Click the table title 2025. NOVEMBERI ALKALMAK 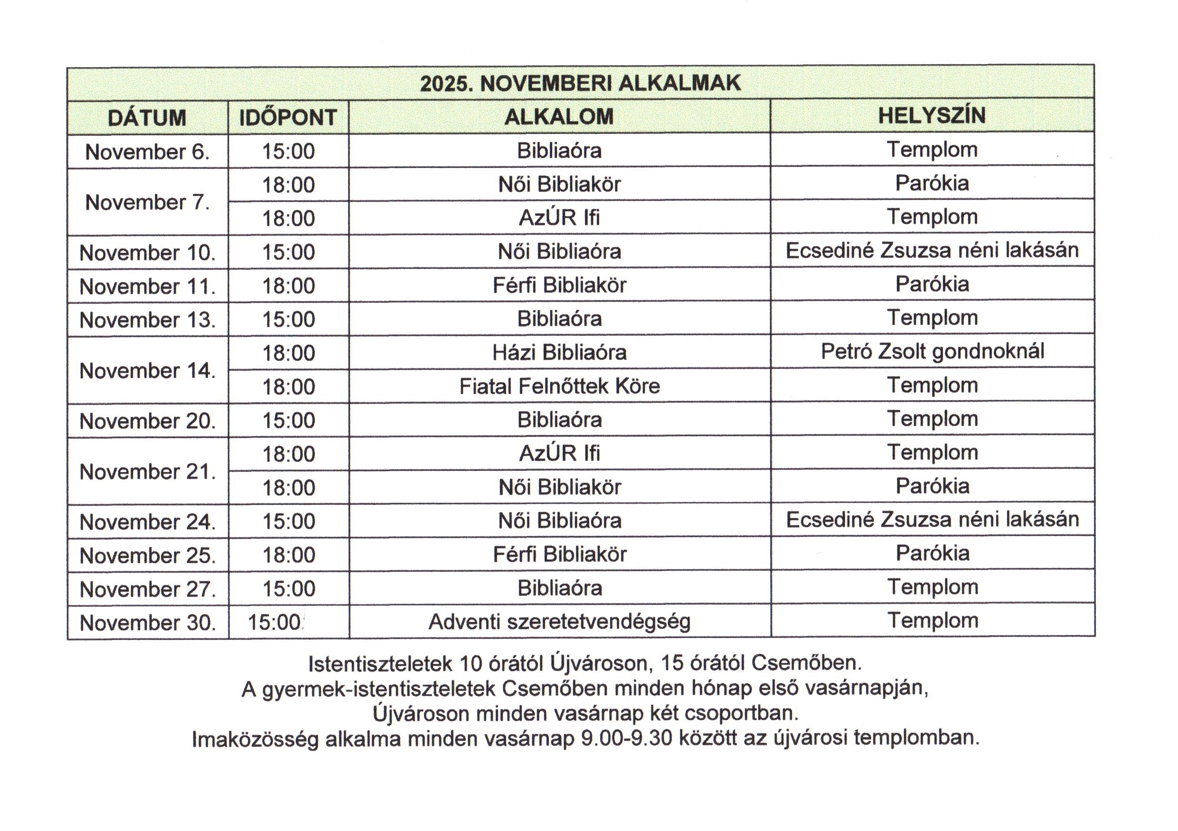580,83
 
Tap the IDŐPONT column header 288,117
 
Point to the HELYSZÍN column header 932,115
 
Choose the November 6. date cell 147,152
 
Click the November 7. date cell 147,202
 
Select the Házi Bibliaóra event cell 559,353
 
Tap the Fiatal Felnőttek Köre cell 559,386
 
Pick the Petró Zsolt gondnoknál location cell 932,351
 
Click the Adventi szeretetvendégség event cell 559,621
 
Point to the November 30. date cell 147,622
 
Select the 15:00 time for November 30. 274,622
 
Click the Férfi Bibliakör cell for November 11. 559,286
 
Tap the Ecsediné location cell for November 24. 932,519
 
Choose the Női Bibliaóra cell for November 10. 559,251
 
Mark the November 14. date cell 147,371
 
